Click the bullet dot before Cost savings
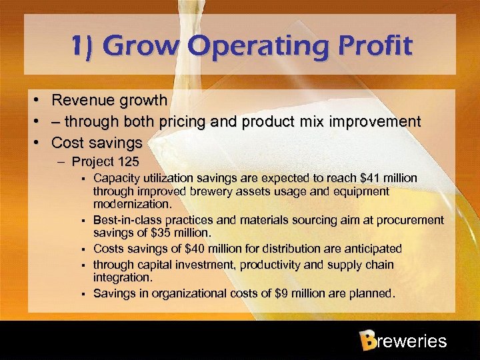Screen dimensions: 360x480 [x=40, y=143]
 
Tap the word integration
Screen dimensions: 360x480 [x=122, y=277]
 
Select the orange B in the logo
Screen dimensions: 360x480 [x=367, y=341]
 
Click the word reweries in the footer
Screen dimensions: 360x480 [x=411, y=342]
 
